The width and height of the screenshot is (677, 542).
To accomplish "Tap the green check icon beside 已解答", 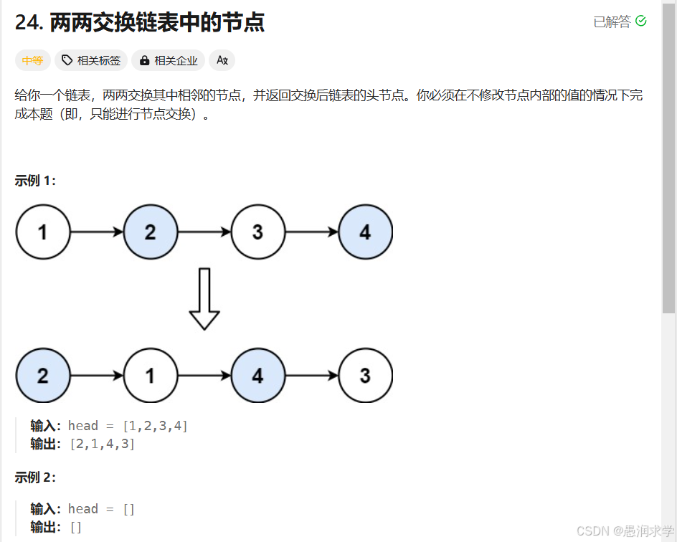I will click(641, 22).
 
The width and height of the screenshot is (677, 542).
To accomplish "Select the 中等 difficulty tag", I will click(33, 61).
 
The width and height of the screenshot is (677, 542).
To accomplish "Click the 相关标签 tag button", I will click(91, 61).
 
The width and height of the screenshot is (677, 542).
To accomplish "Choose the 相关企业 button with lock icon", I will click(169, 61).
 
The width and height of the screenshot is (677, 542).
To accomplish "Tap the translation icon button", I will click(222, 61).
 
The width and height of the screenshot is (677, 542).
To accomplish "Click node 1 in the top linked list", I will click(43, 232).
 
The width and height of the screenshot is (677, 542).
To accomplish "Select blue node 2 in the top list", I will click(151, 232).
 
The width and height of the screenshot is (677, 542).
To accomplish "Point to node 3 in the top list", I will click(258, 232).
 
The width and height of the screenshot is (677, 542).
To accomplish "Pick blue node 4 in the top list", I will click(366, 232).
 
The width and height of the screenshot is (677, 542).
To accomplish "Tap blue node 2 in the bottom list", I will click(43, 376).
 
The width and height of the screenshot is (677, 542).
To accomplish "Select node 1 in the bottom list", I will click(151, 376).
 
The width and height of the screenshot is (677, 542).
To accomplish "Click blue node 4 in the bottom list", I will click(258, 376).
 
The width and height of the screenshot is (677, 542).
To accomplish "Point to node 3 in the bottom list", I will click(366, 376).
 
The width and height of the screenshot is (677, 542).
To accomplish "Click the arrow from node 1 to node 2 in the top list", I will click(97, 232).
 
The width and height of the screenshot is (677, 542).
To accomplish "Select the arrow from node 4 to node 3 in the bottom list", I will click(312, 376).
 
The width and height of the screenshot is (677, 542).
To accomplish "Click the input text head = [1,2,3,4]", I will click(128, 427).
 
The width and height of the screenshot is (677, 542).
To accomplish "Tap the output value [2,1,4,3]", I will click(102, 444).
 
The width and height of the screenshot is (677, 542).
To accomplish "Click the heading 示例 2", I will click(35, 477).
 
